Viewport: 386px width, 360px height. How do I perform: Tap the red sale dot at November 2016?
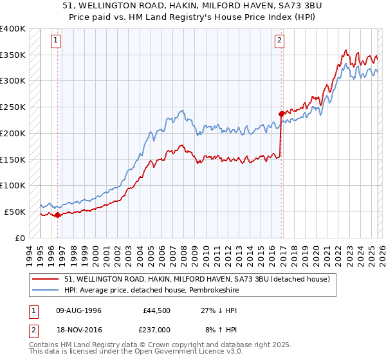[x=281, y=114]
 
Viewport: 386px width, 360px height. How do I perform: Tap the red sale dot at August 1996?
[x=57, y=215]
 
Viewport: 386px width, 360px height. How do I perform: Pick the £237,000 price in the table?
[x=156, y=328]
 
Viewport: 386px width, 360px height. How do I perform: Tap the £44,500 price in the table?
[x=156, y=310]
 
